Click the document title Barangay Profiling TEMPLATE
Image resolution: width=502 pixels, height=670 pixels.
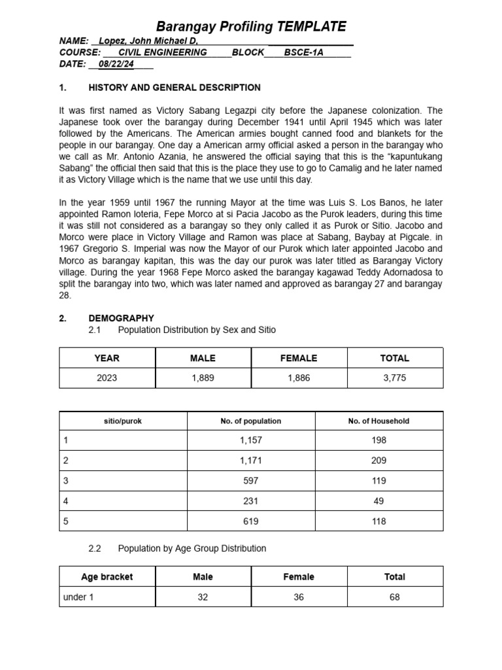pos(251,27)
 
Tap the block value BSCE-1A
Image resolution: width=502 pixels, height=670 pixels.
pos(303,52)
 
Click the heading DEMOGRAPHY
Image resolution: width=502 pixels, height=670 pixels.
pos(121,318)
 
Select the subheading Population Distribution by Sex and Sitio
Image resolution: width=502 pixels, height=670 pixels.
pos(197,330)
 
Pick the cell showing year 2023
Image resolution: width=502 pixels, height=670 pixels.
pos(107,378)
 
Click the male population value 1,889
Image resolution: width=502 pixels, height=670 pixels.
pos(203,378)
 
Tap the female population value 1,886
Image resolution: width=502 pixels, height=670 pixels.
pos(299,378)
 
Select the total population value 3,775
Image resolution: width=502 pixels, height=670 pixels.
pos(395,378)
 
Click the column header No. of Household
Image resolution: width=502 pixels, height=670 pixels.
pos(378,421)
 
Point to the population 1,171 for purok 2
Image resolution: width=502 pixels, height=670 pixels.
pos(250,461)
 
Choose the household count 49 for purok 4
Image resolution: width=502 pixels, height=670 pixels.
pos(378,501)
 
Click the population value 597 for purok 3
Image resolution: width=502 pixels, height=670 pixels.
pos(250,481)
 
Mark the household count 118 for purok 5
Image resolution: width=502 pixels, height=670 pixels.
pos(378,521)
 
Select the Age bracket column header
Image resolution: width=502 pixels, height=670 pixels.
pos(107,576)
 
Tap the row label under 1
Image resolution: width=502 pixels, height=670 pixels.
pos(78,597)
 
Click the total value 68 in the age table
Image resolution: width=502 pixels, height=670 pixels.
pos(395,597)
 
